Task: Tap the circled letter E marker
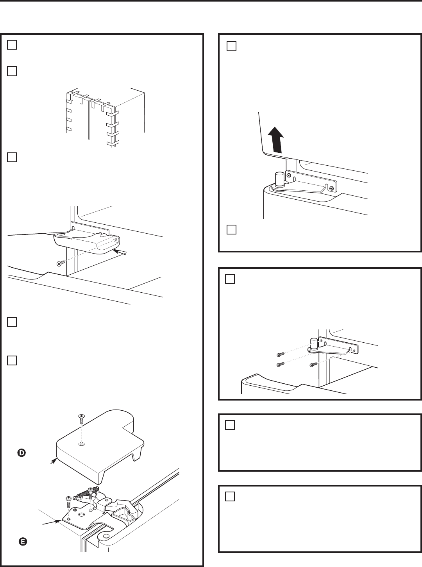(23, 542)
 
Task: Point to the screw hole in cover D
(81, 445)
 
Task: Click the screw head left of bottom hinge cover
(59, 264)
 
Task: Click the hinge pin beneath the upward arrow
(279, 179)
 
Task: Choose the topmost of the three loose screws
(279, 354)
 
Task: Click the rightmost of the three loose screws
(313, 365)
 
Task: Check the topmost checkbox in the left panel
(12, 45)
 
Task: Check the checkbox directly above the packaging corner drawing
(12, 71)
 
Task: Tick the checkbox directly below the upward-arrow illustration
(231, 230)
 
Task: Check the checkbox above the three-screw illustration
(230, 279)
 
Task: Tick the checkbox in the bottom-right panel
(230, 496)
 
